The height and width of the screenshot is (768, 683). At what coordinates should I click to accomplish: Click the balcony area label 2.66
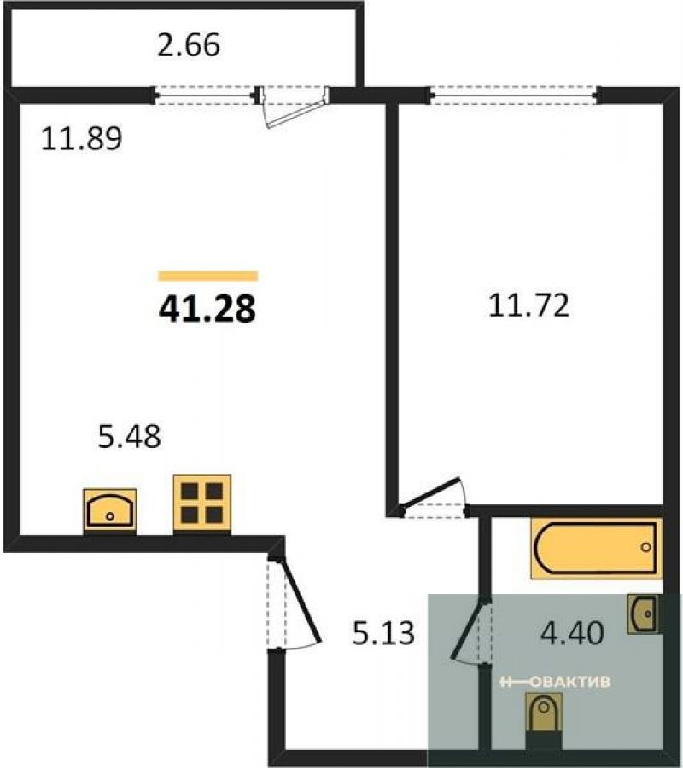(189, 45)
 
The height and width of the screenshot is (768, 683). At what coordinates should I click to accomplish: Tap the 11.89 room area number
(81, 138)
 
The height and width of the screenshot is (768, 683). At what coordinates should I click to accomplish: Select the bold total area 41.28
(207, 310)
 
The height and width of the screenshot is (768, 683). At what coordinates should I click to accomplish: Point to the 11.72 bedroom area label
(529, 305)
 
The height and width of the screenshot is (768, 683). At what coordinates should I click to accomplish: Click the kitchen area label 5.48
(130, 436)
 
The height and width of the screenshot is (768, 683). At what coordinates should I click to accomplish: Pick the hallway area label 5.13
(383, 632)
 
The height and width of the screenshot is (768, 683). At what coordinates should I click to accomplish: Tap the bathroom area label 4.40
(572, 632)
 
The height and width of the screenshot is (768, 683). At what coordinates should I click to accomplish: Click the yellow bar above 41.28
(208, 276)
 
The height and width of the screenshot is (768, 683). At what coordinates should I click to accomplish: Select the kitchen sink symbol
(110, 511)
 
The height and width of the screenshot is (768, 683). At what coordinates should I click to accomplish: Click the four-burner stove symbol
(201, 504)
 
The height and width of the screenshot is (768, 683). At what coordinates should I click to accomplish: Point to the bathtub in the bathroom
(596, 549)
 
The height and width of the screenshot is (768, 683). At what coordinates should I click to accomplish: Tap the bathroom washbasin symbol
(643, 614)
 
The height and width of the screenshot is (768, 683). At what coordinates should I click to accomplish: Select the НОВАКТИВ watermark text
(555, 681)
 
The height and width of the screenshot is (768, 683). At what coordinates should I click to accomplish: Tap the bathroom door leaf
(470, 630)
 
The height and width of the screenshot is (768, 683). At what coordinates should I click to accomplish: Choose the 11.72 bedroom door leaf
(429, 492)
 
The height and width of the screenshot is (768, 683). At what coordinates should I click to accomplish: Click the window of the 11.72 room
(515, 95)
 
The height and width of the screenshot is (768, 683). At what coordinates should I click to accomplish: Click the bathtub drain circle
(646, 547)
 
